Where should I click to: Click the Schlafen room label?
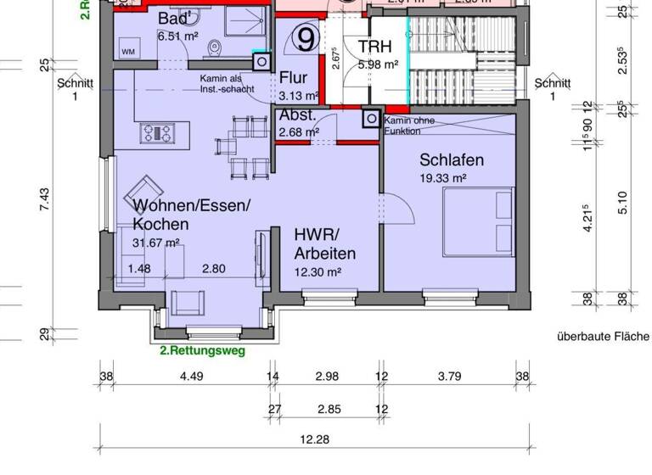[451, 159]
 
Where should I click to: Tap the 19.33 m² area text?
[442, 178]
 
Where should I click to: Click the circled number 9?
[307, 38]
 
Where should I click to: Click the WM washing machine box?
[128, 53]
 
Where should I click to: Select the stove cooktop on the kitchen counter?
[158, 132]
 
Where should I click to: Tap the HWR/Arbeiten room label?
[324, 243]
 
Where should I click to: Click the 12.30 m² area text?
[318, 272]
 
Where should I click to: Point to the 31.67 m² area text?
[155, 243]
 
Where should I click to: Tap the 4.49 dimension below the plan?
[187, 377]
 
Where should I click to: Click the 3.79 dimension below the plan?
[448, 377]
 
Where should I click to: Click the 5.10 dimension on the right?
[622, 202]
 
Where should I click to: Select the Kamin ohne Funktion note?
[411, 126]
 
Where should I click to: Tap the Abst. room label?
[298, 116]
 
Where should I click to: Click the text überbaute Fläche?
[603, 337]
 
